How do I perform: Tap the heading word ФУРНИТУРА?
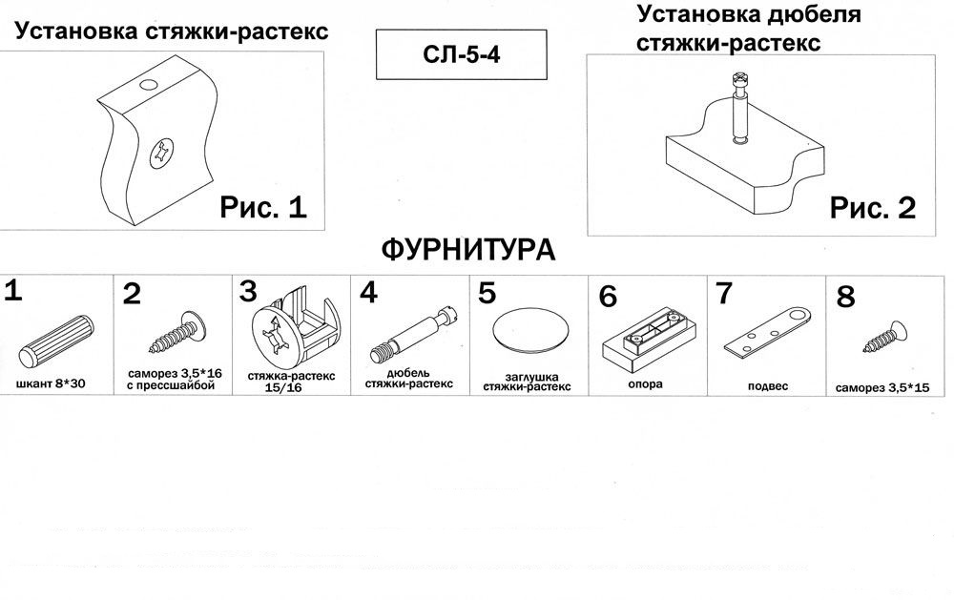tap(468, 251)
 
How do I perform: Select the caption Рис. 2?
tap(873, 207)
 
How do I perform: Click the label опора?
tap(647, 384)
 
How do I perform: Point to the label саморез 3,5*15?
tap(881, 390)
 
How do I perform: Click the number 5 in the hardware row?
tap(487, 292)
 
